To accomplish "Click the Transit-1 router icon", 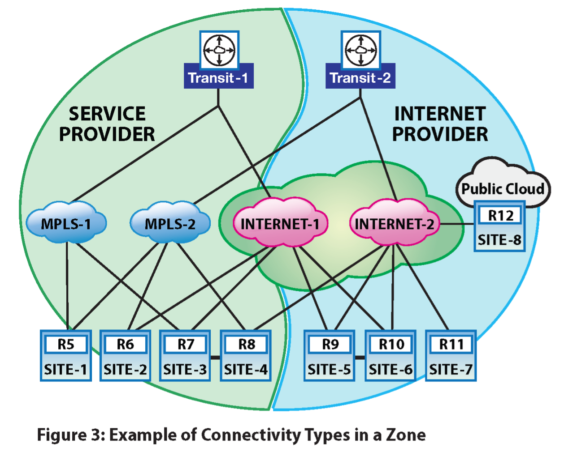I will pyautogui.click(x=219, y=50).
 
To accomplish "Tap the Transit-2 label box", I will pyautogui.click(x=360, y=78).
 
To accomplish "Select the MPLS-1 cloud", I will pyautogui.click(x=66, y=223).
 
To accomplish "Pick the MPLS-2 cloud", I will pyautogui.click(x=170, y=223).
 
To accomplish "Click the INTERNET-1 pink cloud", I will pyautogui.click(x=280, y=223).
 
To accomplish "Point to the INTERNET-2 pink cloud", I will pyautogui.click(x=395, y=223).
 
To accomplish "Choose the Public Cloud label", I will pyautogui.click(x=503, y=189).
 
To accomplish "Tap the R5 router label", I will pyautogui.click(x=66, y=345).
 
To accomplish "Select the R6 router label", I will pyautogui.click(x=126, y=345).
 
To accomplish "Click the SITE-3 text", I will pyautogui.click(x=185, y=370).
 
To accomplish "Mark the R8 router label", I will pyautogui.click(x=246, y=345).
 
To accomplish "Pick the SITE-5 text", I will pyautogui.click(x=330, y=370).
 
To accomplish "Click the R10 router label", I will pyautogui.click(x=391, y=345).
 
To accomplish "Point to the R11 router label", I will pyautogui.click(x=451, y=345).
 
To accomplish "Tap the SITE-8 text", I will pyautogui.click(x=499, y=240).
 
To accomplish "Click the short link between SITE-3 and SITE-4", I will pyautogui.click(x=215, y=357).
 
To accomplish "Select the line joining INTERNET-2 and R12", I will pyautogui.click(x=456, y=224).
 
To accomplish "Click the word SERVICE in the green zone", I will pyautogui.click(x=107, y=114).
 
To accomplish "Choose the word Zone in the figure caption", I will pyautogui.click(x=406, y=435).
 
